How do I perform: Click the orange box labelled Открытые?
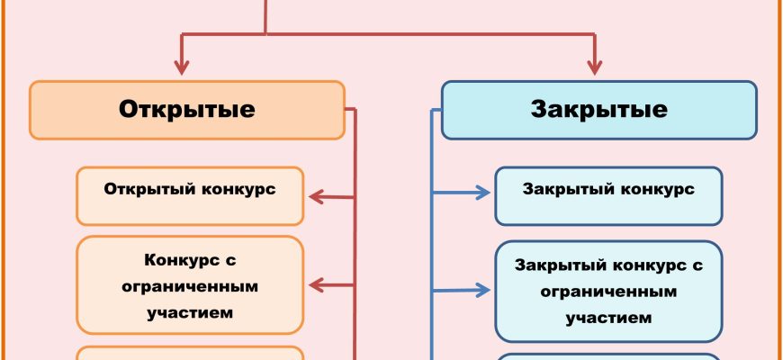pos(187,110)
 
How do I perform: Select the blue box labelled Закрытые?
pos(598,110)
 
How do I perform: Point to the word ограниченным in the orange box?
pos(189,286)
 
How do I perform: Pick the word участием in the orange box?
pos(189,313)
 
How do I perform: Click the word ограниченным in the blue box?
pos(608,292)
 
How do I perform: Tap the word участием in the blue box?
pos(608,318)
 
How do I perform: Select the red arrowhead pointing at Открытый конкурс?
pos(316,196)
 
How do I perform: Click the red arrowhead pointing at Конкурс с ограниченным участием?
pos(316,286)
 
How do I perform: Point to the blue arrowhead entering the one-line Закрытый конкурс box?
pos(486,192)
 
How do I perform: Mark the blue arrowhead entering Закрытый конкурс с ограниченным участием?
pos(486,290)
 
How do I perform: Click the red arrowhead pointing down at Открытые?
pos(184,67)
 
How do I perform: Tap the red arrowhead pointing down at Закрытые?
pos(595,67)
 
